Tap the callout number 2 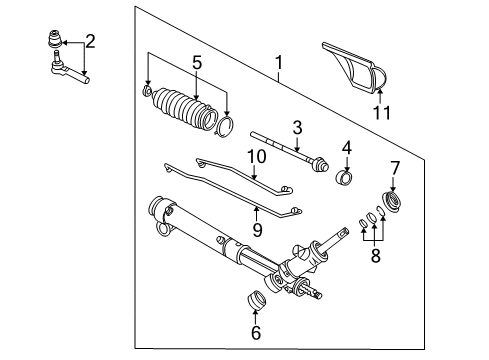click(90, 41)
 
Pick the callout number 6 click(254, 332)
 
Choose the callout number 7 click(393, 167)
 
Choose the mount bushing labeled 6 click(256, 299)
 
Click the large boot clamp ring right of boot click(227, 126)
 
